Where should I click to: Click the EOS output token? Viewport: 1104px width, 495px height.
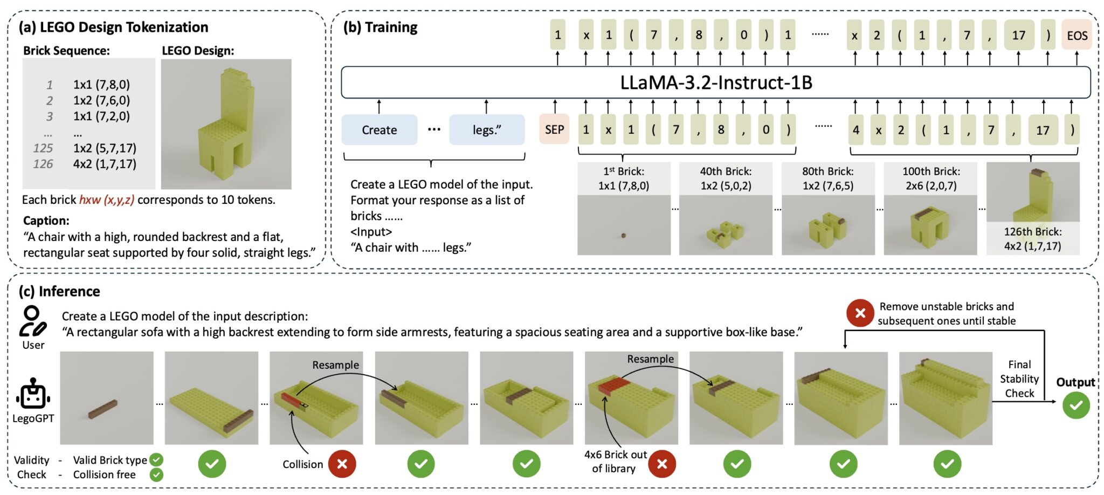pos(1077,36)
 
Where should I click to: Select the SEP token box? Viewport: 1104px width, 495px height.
pos(554,130)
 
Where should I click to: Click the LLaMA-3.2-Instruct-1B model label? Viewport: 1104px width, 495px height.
pos(716,82)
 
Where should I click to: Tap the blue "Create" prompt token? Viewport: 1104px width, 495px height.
pos(379,130)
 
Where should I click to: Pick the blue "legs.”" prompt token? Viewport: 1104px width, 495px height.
pos(487,130)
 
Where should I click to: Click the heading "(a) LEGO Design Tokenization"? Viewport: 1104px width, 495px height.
pos(113,27)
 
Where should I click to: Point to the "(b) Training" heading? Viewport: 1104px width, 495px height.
pos(381,27)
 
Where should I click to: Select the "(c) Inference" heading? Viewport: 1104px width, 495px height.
pos(59,291)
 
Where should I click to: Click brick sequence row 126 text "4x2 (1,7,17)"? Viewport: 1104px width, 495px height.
pos(105,164)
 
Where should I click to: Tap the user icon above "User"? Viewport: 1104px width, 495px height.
pos(32,321)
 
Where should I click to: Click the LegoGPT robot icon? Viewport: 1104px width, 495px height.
pos(33,394)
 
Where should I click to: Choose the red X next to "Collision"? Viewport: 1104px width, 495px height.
pos(342,464)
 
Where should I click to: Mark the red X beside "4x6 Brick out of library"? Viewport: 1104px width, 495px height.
pos(662,464)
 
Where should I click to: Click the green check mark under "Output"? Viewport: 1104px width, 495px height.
pos(1076,405)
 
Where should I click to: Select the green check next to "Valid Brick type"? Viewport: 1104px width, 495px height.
pos(156,459)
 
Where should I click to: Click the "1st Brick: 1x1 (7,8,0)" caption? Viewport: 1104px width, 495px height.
pos(624,178)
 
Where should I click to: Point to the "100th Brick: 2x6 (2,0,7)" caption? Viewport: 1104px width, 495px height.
pos(931,178)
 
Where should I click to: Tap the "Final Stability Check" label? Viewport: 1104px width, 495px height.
pos(1019,379)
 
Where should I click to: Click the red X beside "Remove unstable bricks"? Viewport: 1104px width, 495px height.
pos(860,313)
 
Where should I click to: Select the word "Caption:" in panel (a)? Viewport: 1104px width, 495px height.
pos(46,221)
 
